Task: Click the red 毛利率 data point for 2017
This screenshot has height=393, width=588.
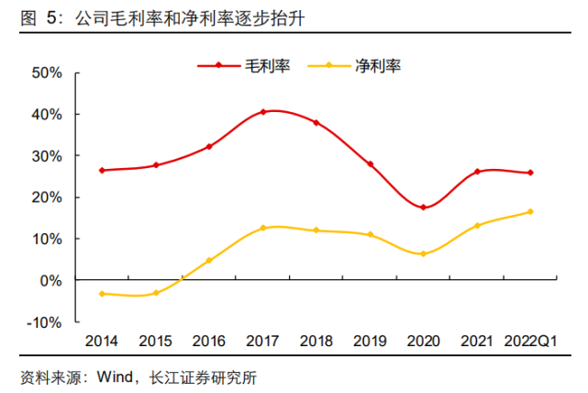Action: point(263,112)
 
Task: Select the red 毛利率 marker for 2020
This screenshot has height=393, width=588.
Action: point(424,208)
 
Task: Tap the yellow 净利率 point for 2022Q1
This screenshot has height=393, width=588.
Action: point(530,212)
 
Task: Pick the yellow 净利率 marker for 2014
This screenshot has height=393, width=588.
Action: point(103,294)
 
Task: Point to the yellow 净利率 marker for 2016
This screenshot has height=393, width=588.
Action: point(210,261)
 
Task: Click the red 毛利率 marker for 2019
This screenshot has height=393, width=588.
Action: point(371,164)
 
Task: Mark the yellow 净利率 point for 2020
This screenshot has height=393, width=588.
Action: point(424,254)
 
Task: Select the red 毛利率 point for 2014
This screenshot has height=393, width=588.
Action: point(103,171)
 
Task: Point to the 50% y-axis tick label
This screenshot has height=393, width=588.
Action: point(46,73)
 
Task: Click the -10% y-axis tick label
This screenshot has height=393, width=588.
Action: point(44,322)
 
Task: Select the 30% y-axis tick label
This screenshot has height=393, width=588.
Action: point(46,156)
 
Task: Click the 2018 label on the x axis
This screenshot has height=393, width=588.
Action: point(316,342)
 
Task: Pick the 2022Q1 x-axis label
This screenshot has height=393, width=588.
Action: point(530,342)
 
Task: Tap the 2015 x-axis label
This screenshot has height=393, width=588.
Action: point(156,342)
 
